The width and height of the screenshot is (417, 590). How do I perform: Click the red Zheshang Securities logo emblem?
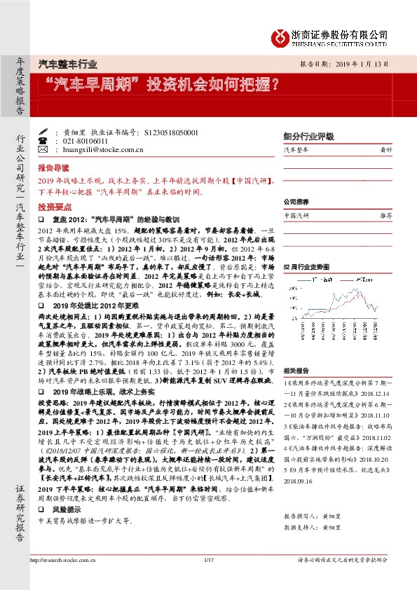pos(280,37)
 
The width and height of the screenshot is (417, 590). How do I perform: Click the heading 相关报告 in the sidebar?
pos(296,371)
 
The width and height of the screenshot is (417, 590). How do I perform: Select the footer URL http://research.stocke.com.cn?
pos(67,579)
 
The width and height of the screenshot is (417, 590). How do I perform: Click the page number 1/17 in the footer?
pos(207,579)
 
